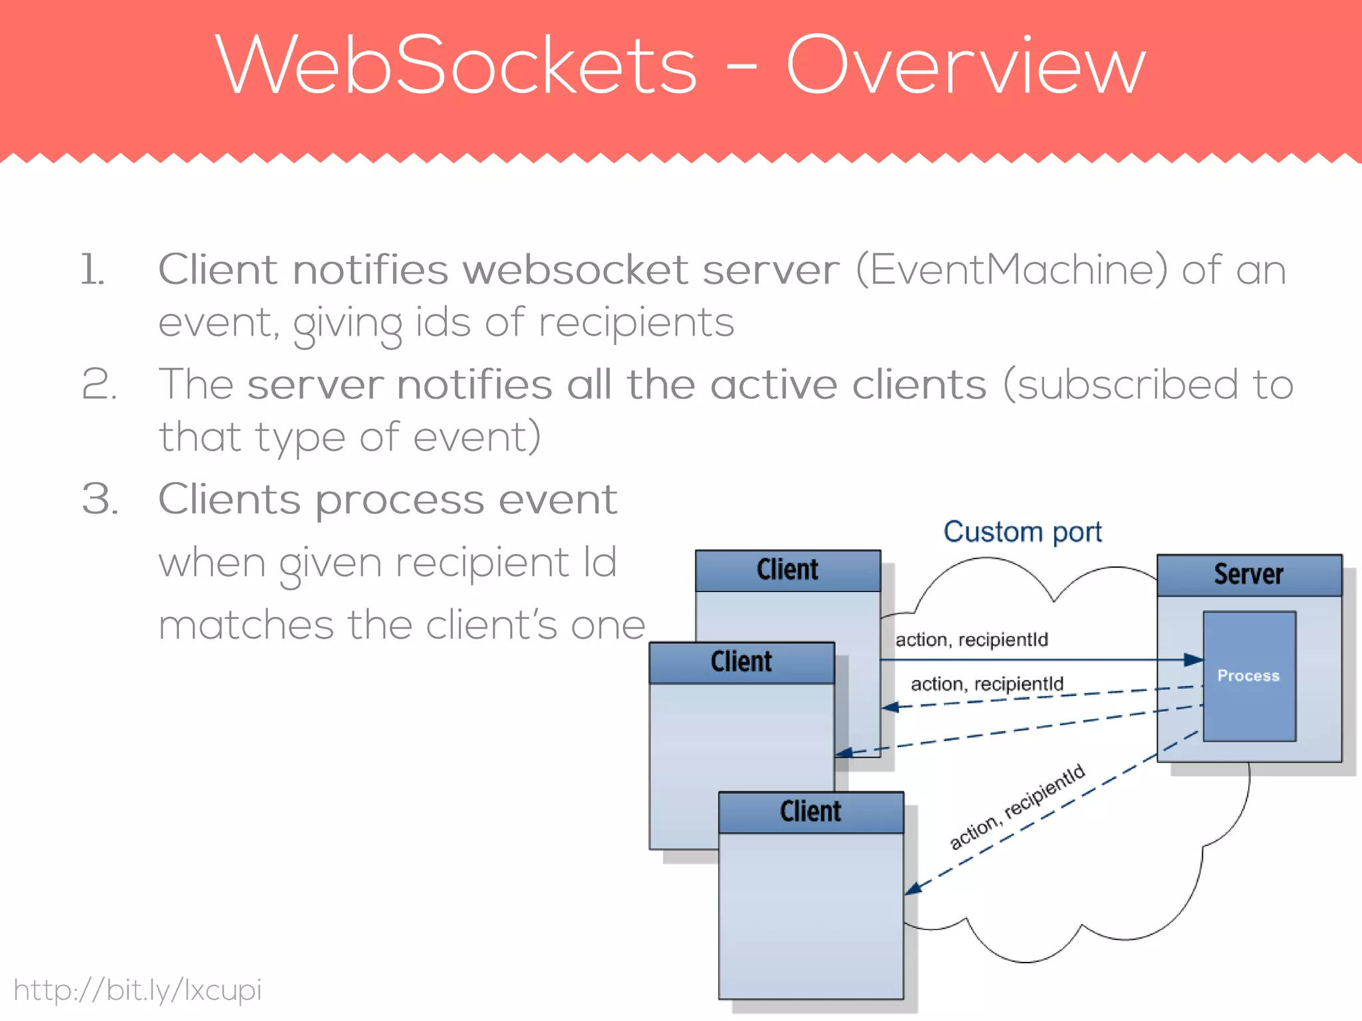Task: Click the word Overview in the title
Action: pyautogui.click(x=966, y=65)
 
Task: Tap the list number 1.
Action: pyautogui.click(x=92, y=270)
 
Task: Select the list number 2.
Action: pyautogui.click(x=99, y=384)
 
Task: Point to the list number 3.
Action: pyautogui.click(x=100, y=499)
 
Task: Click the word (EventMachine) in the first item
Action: pyautogui.click(x=1012, y=270)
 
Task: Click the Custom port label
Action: pyautogui.click(x=1022, y=532)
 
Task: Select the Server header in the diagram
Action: pyautogui.click(x=1250, y=575)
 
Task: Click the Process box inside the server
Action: pyautogui.click(x=1250, y=676)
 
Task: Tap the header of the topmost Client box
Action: pyautogui.click(x=788, y=570)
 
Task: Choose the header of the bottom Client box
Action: pyautogui.click(x=811, y=812)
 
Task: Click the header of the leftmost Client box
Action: pyautogui.click(x=742, y=663)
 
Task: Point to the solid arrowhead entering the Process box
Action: pyautogui.click(x=1194, y=660)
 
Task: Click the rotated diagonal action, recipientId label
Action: pyautogui.click(x=1018, y=806)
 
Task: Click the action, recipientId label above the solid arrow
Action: pyautogui.click(x=972, y=639)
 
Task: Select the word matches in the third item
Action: pyautogui.click(x=246, y=625)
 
